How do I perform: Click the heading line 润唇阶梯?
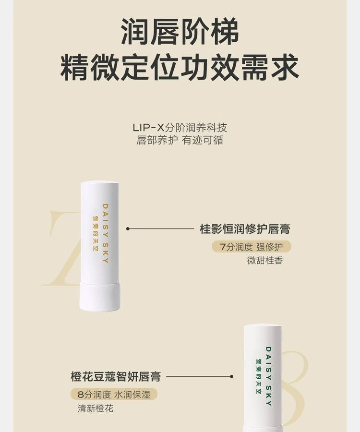coord(180,32)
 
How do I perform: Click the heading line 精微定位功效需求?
coord(180,67)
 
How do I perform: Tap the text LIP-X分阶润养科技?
coord(180,128)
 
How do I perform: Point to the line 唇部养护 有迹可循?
coord(180,140)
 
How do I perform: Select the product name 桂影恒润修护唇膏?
coord(245,229)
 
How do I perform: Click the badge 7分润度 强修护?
coord(252,247)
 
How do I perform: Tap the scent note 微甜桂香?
coord(265,260)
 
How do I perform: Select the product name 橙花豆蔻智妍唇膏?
coord(116,377)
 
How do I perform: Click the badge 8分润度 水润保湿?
coord(114,395)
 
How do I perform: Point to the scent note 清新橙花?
coord(96,408)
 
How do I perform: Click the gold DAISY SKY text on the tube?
coord(106,234)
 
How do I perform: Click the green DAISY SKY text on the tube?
coord(268,376)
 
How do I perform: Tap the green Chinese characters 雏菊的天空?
coord(259,376)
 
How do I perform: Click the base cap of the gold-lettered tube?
coord(100,297)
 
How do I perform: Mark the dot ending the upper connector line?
coord(128,228)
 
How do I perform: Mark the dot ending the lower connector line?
coord(232,376)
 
